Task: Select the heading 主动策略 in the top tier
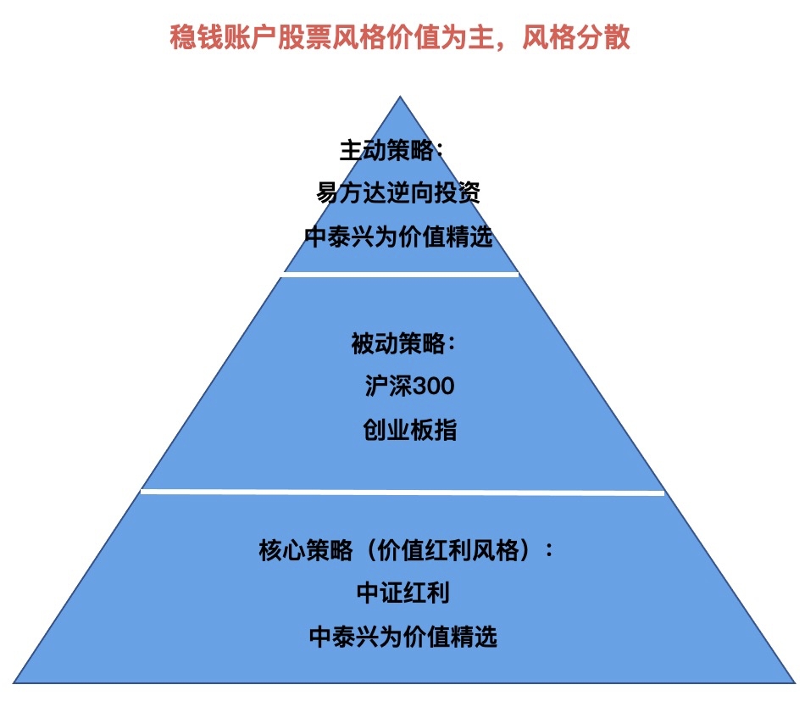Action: pyautogui.click(x=391, y=151)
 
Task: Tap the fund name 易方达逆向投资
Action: pyautogui.click(x=398, y=194)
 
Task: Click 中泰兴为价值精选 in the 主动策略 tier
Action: pyautogui.click(x=398, y=237)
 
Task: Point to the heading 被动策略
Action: pyautogui.click(x=404, y=344)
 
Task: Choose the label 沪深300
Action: pyautogui.click(x=408, y=387)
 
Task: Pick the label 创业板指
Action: pyautogui.click(x=409, y=430)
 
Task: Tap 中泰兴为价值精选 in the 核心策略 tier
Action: pyautogui.click(x=402, y=636)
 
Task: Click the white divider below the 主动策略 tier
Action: pyautogui.click(x=400, y=274)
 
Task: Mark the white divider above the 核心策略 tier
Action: pyautogui.click(x=402, y=491)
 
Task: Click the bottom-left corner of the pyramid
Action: pyautogui.click(x=15, y=682)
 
